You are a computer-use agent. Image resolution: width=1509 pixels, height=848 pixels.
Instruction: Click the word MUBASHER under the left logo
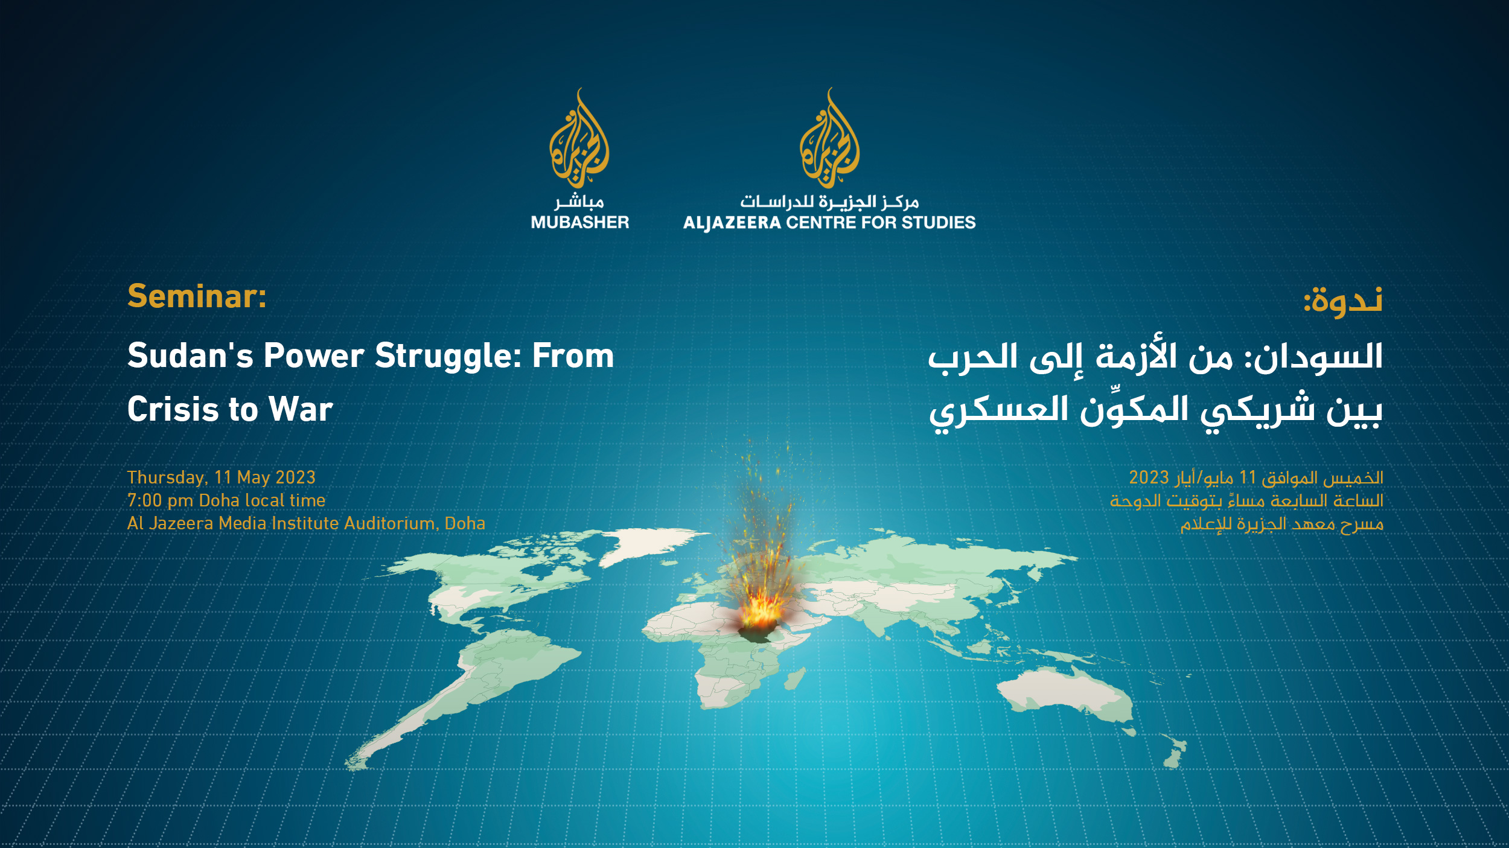tap(579, 223)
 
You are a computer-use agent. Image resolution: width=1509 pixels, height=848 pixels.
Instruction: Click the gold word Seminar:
tap(197, 297)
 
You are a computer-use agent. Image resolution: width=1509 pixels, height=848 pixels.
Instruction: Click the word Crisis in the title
tap(173, 410)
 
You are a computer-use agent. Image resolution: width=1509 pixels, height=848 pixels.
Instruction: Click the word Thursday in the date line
tap(166, 478)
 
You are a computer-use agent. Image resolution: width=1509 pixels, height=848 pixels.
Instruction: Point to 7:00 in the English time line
tap(144, 501)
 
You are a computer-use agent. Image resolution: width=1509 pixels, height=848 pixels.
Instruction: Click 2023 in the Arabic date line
tap(1149, 478)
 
